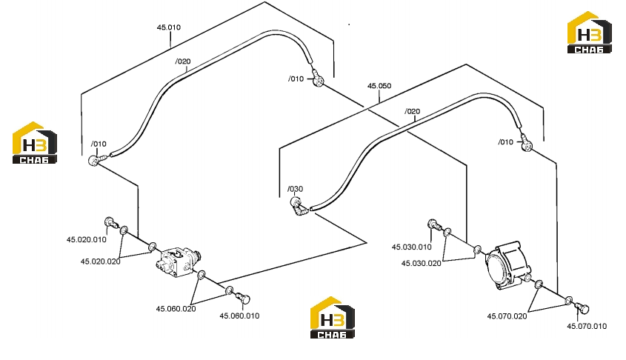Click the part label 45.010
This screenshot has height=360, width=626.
168,27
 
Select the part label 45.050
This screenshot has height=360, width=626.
379,86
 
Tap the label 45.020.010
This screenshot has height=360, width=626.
87,239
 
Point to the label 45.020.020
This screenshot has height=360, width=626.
101,261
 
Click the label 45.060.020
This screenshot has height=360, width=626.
176,309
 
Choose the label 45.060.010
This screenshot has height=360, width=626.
239,316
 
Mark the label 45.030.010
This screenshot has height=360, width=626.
412,247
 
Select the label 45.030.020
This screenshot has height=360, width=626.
422,264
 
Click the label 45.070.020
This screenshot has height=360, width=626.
507,316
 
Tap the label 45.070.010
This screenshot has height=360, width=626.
587,326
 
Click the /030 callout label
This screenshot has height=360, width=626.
296,189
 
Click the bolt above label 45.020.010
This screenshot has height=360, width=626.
110,223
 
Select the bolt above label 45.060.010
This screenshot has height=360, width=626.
243,298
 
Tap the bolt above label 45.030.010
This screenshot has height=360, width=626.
434,224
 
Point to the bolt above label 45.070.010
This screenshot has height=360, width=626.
582,307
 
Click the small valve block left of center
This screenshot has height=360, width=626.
178,261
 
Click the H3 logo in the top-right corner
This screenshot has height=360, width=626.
589,33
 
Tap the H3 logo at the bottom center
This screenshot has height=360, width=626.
332,318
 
